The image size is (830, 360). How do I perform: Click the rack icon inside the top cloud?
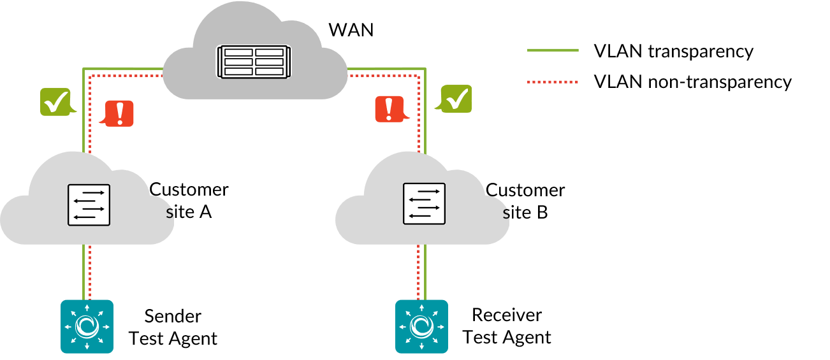point(254,62)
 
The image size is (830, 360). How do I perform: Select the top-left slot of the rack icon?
point(238,52)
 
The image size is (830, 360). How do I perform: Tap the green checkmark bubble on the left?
point(55,101)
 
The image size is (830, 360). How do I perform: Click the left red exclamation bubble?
point(119,113)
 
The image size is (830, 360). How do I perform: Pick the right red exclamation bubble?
point(389,109)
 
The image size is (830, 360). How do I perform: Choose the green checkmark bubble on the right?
point(456,99)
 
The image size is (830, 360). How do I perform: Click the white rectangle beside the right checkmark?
point(476,99)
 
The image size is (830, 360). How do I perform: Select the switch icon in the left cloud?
point(89,205)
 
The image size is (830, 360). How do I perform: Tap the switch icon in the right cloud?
point(424,204)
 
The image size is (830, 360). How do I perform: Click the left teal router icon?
point(87,326)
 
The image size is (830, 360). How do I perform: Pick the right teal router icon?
point(421,326)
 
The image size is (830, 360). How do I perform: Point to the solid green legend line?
point(553,50)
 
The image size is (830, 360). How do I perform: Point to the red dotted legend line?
point(553,82)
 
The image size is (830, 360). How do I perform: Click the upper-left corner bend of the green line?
point(84,68)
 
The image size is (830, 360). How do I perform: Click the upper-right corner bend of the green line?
point(425,68)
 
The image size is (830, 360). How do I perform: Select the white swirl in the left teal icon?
point(87,326)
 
